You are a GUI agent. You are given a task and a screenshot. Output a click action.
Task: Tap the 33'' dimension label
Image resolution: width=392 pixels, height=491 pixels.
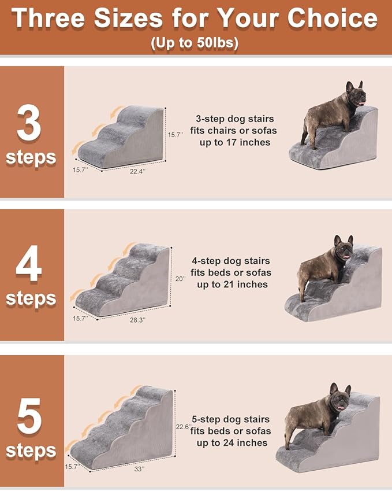coord(139,469)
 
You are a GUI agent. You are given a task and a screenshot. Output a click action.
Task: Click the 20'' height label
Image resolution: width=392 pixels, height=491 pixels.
coord(180,278)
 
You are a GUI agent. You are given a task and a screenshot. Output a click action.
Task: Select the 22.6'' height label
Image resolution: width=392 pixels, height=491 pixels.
coord(183,426)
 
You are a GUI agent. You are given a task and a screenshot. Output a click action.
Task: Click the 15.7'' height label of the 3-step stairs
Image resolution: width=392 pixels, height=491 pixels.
coord(176,134)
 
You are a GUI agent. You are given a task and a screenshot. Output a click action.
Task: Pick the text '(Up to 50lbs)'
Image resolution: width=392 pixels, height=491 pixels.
coord(196,43)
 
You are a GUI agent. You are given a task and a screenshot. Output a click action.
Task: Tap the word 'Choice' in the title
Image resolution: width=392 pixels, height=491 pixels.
coord(333,19)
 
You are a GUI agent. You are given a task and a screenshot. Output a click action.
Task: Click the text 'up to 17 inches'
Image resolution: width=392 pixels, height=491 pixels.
coord(234,142)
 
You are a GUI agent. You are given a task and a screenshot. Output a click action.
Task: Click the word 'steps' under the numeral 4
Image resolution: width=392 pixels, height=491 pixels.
coord(31,299)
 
